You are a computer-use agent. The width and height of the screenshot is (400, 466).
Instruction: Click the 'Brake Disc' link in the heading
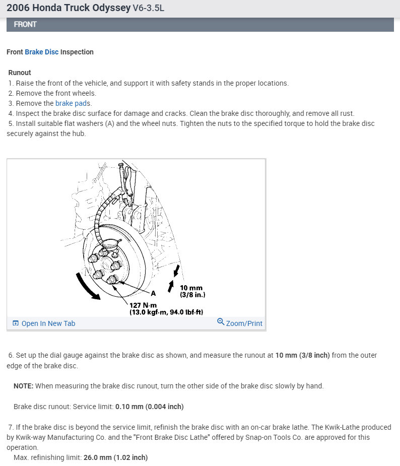[x=42, y=52]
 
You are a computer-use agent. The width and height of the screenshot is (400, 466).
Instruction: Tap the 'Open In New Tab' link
[x=48, y=323]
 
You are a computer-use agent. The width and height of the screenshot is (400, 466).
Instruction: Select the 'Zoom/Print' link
[x=244, y=323]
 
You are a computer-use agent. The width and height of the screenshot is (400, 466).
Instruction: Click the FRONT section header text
[x=25, y=24]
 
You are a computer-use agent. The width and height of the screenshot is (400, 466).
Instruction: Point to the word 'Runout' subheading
[x=20, y=73]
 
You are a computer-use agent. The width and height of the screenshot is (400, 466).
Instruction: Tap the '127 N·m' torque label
[x=144, y=305]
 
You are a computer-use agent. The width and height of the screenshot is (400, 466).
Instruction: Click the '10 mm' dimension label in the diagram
[x=191, y=288]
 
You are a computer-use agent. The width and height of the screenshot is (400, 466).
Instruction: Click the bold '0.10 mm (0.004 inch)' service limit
[x=150, y=407]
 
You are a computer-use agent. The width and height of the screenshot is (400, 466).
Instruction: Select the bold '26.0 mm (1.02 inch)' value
[x=115, y=457]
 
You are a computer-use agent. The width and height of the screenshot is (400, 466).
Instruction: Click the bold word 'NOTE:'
[x=24, y=386]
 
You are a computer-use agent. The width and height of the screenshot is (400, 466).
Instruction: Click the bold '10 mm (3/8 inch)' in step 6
[x=302, y=355]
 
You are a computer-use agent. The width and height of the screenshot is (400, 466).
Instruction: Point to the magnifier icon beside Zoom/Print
[x=221, y=321]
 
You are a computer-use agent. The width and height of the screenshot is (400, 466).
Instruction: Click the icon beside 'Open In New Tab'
[x=15, y=323]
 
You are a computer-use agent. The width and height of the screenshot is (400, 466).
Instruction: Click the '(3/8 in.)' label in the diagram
[x=193, y=295]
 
